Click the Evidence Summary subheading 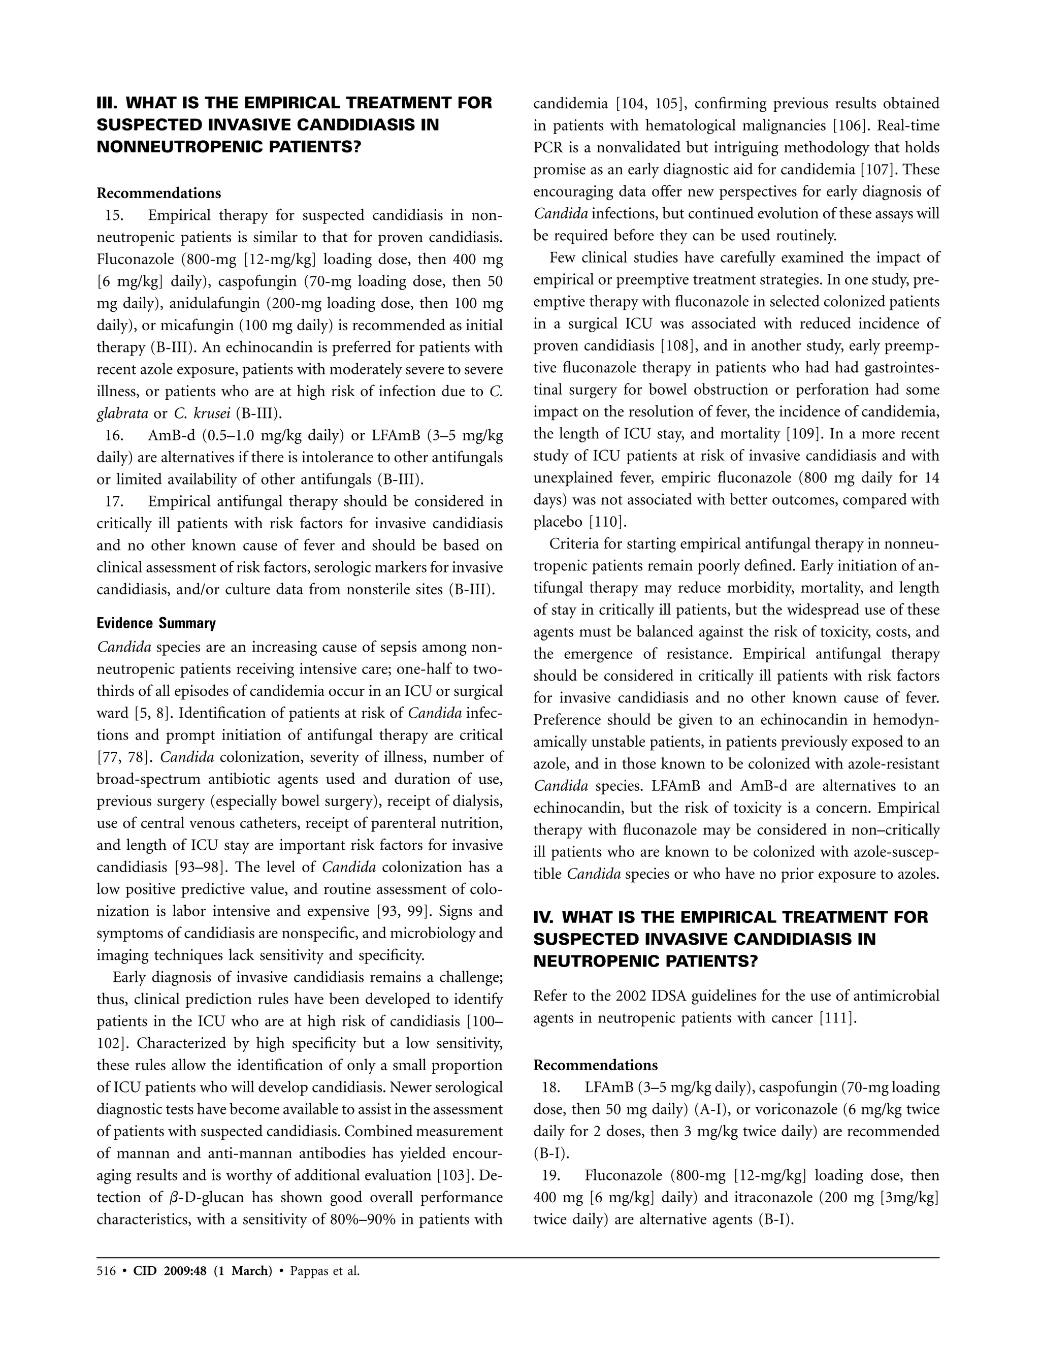(156, 623)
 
